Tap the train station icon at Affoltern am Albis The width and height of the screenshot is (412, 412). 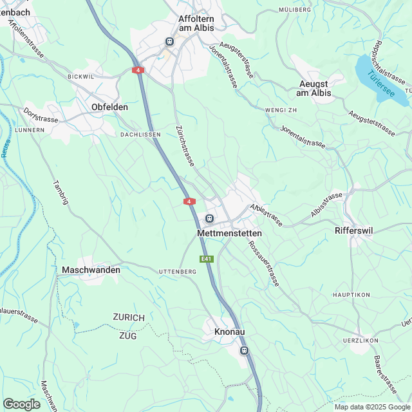click(x=169, y=41)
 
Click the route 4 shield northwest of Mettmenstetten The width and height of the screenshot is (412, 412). click(x=189, y=201)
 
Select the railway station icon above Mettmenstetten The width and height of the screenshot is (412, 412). click(x=209, y=218)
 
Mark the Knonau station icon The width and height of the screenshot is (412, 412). click(x=244, y=350)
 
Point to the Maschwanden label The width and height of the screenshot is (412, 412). click(x=91, y=270)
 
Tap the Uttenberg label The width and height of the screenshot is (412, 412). click(x=177, y=272)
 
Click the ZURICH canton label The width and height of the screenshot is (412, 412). click(x=129, y=318)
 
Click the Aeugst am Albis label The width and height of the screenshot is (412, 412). click(x=314, y=88)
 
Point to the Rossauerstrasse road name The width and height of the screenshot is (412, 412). click(x=264, y=263)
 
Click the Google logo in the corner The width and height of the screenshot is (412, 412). click(x=21, y=404)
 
